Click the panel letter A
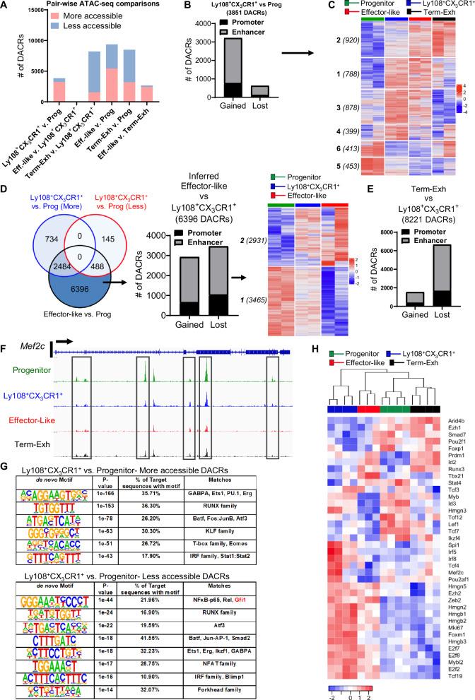point(6,7)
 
